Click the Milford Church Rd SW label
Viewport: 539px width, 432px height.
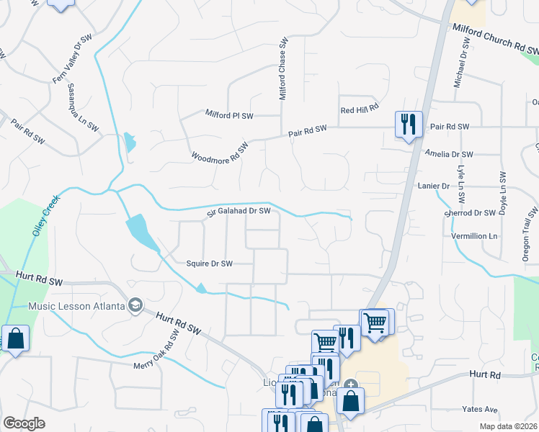tap(495, 38)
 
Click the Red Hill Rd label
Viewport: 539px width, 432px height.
tap(360, 109)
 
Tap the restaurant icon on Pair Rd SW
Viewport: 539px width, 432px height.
tap(408, 124)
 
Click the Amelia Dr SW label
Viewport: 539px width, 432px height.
tap(449, 154)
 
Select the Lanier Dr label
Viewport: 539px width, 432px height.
tap(433, 185)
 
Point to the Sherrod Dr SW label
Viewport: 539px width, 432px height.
tap(471, 213)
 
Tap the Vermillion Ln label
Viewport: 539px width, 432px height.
tap(473, 236)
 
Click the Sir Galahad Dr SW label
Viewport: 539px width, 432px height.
tap(239, 211)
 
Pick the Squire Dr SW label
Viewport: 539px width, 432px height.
tap(209, 264)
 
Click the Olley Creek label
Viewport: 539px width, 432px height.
tap(44, 216)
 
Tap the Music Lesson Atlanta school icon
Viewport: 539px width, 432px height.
tap(135, 306)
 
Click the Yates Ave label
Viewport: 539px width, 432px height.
tap(481, 410)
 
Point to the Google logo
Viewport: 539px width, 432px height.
tap(24, 423)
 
